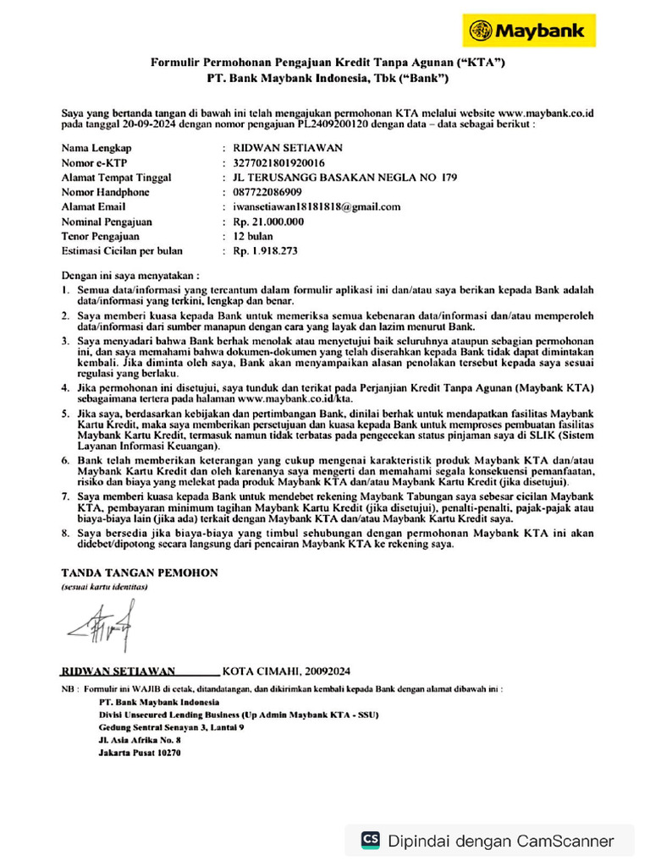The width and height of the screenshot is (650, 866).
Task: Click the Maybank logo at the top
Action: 528,31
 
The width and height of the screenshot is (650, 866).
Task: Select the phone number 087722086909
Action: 267,192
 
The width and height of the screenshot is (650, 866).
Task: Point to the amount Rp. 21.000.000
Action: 268,222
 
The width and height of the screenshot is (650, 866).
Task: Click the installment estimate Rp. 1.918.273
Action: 265,251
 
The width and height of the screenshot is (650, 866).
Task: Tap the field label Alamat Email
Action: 94,206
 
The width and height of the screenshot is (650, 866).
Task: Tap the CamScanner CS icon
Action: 370,840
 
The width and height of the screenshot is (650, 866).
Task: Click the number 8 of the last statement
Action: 66,534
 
